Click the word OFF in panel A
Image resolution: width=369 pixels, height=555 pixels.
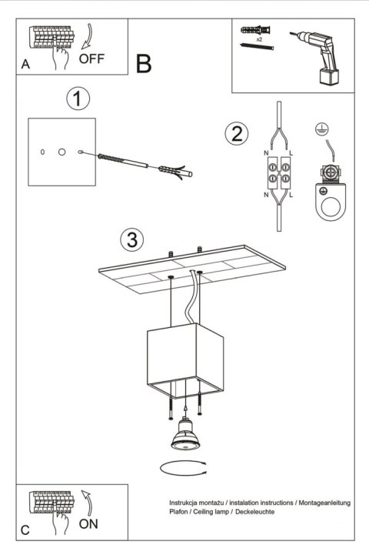(x=91, y=59)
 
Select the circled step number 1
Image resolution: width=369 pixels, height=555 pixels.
(x=78, y=99)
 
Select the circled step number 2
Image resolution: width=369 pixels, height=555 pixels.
(x=237, y=133)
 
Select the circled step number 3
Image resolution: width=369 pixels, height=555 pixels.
(x=132, y=239)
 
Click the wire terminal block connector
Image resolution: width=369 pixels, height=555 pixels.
(x=278, y=173)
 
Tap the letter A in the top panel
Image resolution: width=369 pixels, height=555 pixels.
(x=25, y=65)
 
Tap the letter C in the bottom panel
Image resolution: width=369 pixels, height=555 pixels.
(x=25, y=531)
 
